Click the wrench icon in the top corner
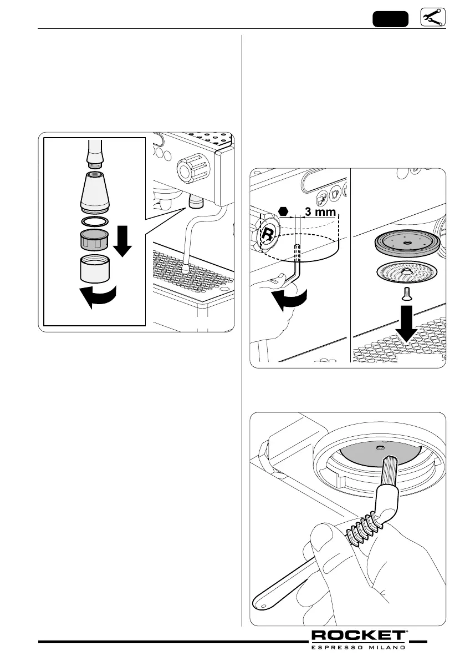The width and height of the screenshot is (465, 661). click(433, 18)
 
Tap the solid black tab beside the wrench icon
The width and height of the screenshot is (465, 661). click(390, 18)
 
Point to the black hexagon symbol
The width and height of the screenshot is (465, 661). click(284, 211)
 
